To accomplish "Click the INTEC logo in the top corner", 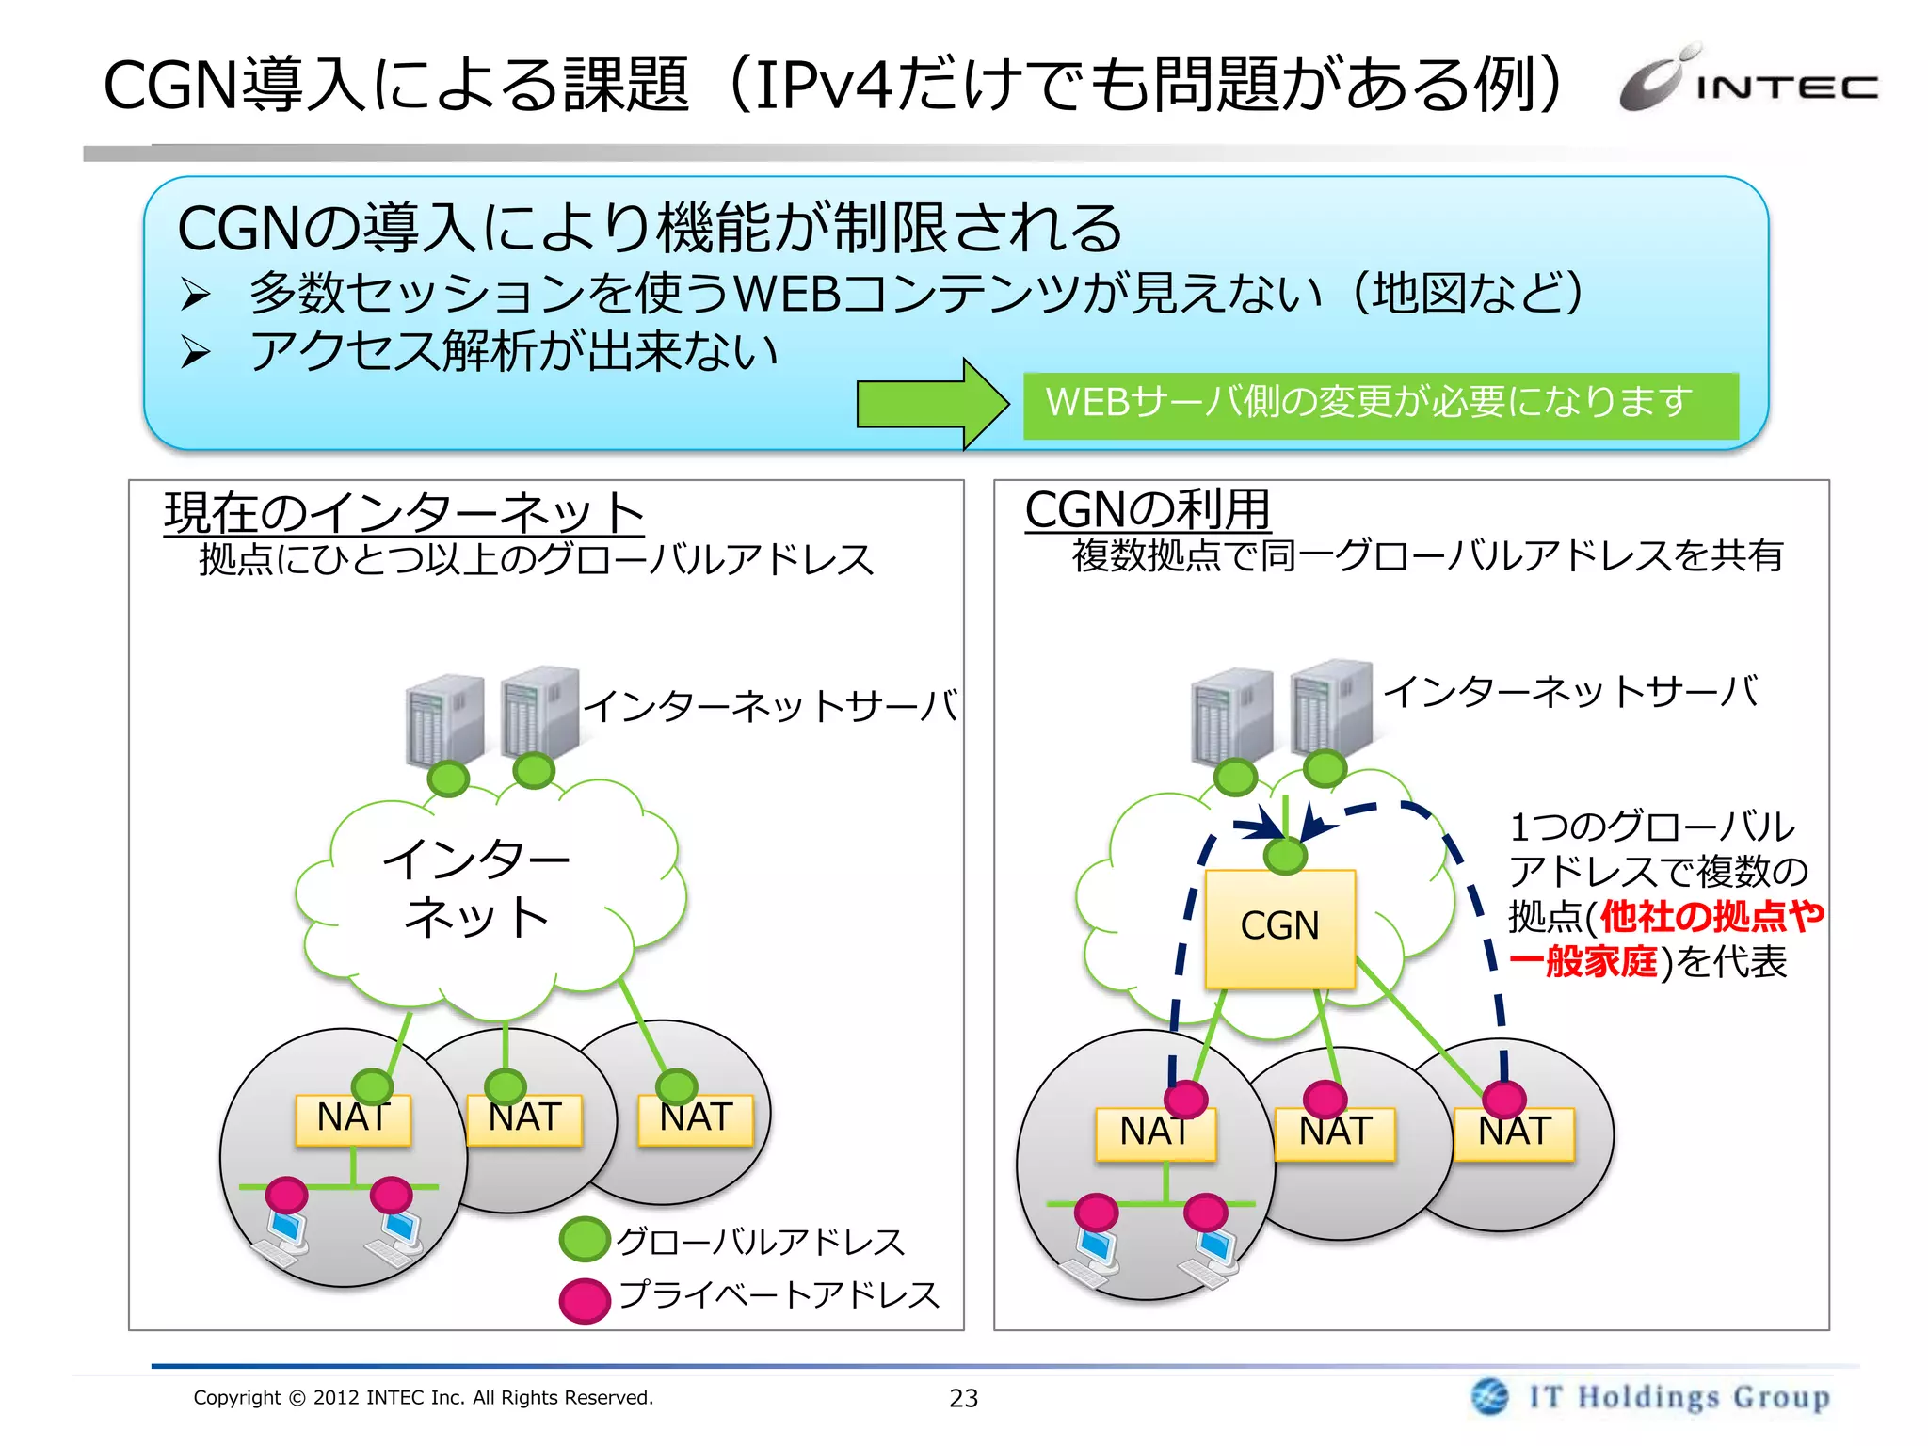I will (x=1749, y=81).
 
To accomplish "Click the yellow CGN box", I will (x=1279, y=928).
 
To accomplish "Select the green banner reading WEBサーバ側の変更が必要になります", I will (x=1380, y=405).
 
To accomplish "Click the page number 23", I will (x=963, y=1398).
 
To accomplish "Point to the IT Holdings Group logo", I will (x=1652, y=1396).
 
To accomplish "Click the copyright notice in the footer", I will (x=423, y=1397).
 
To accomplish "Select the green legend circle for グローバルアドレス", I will (x=584, y=1240).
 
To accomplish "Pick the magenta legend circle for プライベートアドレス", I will (x=584, y=1300).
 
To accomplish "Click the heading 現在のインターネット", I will (x=404, y=513).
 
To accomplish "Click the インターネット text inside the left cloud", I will (x=477, y=887).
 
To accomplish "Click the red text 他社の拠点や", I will (x=1711, y=916).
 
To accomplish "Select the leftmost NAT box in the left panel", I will (x=353, y=1119).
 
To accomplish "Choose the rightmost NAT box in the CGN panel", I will (x=1514, y=1133).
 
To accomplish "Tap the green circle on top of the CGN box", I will (x=1285, y=856).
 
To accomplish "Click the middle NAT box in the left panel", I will (x=524, y=1119).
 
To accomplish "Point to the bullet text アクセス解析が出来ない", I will (x=514, y=351).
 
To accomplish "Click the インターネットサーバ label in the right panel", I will (x=1570, y=691).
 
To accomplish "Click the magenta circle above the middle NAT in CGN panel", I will (x=1325, y=1099).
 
